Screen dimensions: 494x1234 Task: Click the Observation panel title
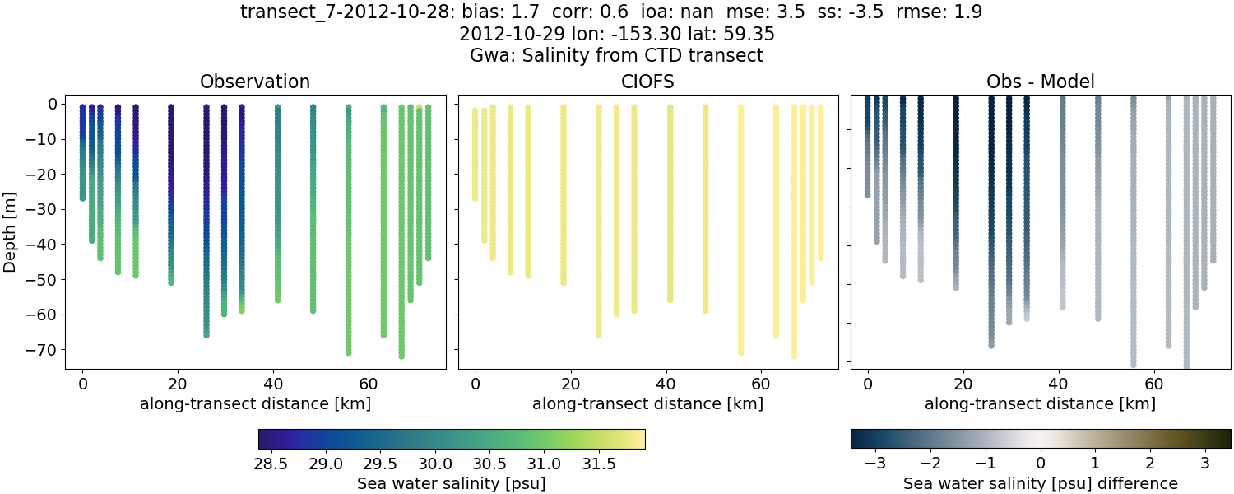tap(255, 82)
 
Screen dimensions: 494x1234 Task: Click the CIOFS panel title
tap(647, 82)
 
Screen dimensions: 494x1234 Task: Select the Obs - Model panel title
tap(1040, 82)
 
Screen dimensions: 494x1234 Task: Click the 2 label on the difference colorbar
tap(1149, 463)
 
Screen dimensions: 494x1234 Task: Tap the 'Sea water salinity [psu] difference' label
tap(1040, 483)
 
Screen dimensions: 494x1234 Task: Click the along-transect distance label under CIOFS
tap(647, 403)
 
